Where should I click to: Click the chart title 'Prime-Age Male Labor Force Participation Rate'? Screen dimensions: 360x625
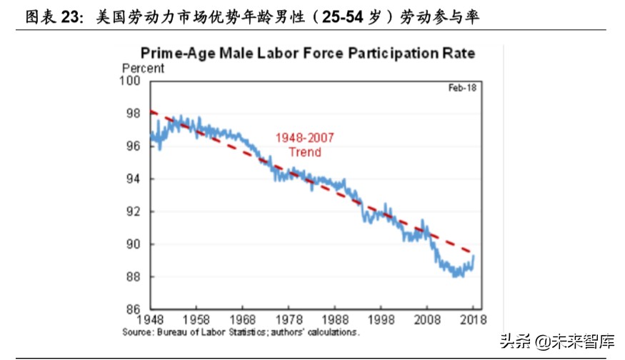308,54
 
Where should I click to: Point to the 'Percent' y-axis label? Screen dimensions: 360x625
144,69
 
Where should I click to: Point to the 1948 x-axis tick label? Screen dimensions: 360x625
150,321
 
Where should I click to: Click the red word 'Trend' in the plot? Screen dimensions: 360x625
305,151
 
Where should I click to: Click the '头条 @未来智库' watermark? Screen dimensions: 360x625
556,341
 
